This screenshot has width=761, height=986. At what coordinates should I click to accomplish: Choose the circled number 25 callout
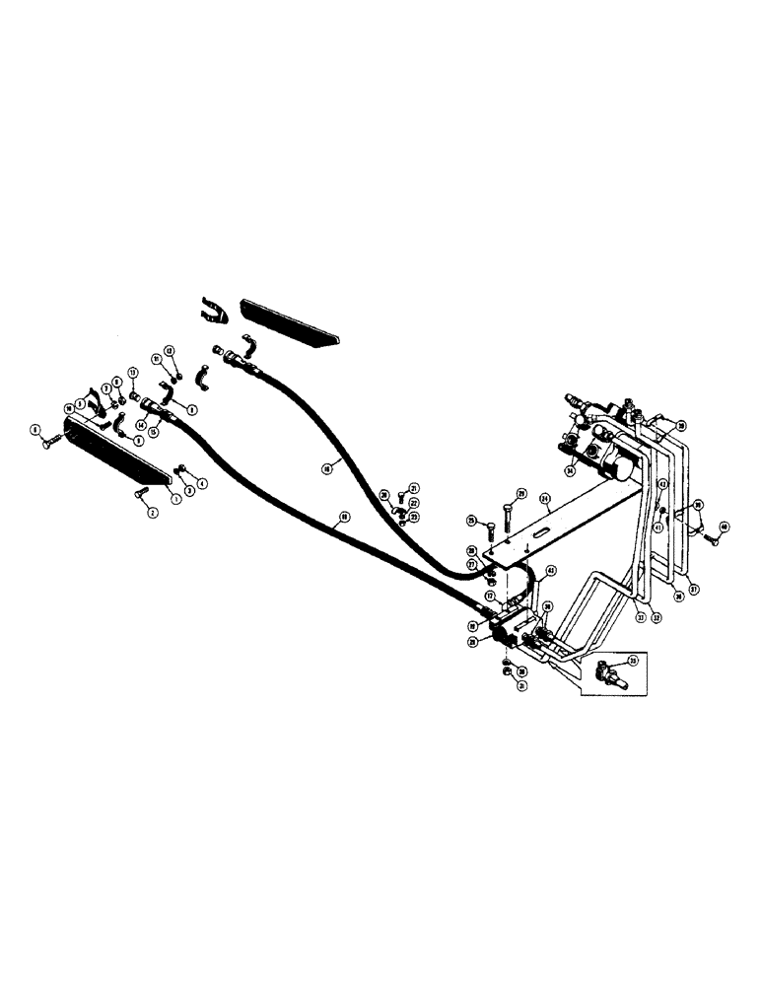(x=471, y=521)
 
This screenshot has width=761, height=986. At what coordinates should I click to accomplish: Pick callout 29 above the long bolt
(x=521, y=493)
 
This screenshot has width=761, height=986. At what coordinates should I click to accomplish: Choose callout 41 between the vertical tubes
(x=657, y=528)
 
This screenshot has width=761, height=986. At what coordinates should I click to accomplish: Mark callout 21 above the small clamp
(x=415, y=487)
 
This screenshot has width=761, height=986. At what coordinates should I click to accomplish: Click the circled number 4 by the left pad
(x=203, y=483)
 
